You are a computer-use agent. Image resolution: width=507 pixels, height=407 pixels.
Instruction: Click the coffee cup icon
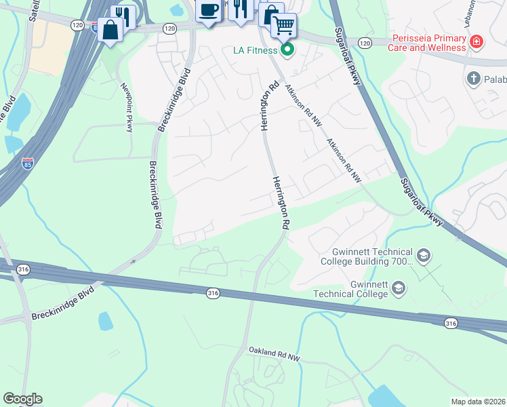209,9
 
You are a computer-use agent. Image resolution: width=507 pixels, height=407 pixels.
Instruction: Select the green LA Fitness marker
288,50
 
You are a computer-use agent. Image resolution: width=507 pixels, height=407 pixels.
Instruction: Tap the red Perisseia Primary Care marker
477,42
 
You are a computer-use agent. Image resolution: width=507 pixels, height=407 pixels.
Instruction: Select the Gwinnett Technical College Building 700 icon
424,256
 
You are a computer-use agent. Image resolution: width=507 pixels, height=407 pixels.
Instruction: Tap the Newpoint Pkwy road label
126,107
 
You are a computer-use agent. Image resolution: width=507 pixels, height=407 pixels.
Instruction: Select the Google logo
22,399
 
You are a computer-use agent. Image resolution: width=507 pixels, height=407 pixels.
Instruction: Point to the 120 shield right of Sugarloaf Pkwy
365,43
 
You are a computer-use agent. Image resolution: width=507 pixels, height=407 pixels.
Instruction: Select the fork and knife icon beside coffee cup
240,9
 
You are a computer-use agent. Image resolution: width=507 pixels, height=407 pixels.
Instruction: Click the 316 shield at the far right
451,324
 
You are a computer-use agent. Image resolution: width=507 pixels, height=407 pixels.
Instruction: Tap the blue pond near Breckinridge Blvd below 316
106,321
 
